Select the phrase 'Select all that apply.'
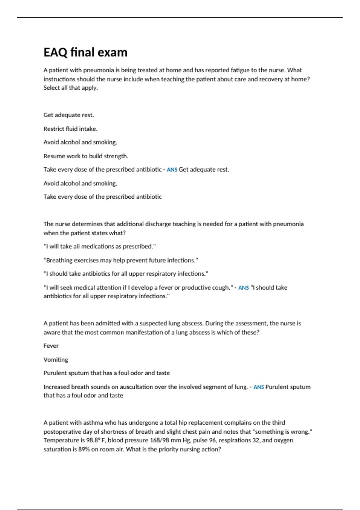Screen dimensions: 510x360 pyautogui.click(x=70, y=88)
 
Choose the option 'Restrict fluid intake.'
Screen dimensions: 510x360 pyautogui.click(x=70, y=129)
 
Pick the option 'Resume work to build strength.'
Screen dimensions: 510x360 pyautogui.click(x=86, y=156)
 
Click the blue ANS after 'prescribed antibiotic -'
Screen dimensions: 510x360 pyautogui.click(x=172, y=170)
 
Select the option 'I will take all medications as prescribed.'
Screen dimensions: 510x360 pyautogui.click(x=100, y=247)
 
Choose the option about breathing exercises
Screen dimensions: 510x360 pyautogui.click(x=121, y=260)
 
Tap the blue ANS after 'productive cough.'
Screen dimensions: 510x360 pyautogui.click(x=243, y=288)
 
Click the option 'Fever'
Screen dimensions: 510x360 pyautogui.click(x=51, y=346)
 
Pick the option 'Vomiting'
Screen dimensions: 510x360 pyautogui.click(x=56, y=360)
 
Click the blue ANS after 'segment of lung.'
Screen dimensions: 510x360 pyautogui.click(x=258, y=387)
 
